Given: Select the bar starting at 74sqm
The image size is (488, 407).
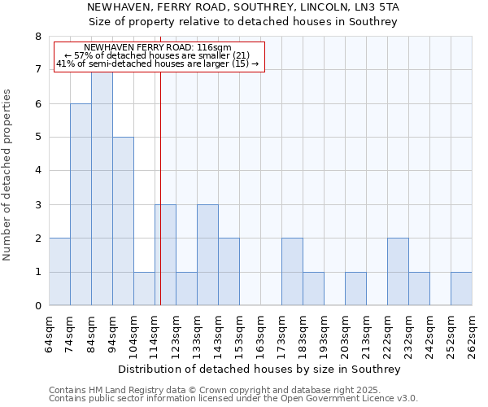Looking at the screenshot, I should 81,204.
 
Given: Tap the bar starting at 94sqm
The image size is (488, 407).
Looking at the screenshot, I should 123,221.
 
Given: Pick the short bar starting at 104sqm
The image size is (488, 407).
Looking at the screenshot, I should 144,289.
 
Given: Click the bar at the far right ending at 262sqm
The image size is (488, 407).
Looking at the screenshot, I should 461,289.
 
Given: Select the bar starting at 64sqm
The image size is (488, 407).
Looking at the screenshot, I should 59,272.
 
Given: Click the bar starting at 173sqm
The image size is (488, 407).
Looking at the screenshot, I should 292,272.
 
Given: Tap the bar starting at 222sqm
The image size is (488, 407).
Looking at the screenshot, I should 398,272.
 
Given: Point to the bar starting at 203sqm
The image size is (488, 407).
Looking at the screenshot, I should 355,289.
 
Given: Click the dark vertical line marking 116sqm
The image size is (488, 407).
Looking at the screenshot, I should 160,203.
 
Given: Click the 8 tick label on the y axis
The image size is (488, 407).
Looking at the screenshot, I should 37,37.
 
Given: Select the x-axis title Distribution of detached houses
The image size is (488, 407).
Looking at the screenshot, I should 259,369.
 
